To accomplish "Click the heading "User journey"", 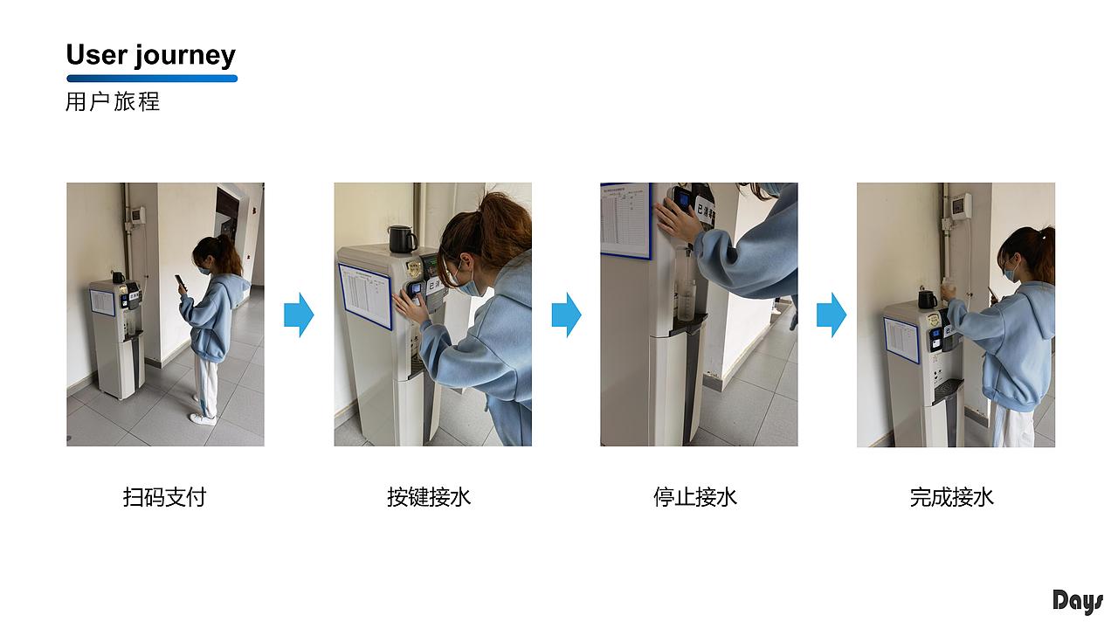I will coord(150,55).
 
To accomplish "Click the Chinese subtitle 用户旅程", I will coord(113,101).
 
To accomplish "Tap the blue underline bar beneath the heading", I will coord(151,79).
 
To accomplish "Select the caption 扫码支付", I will coord(164,497).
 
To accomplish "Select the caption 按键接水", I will coord(429,497).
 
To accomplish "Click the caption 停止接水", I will coord(694,497).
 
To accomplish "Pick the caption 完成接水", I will coord(951,497).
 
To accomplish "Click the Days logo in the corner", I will coord(1077,602).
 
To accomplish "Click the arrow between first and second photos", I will coord(299,314).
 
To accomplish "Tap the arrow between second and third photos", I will coord(566,314).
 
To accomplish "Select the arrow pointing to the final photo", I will coord(831,314).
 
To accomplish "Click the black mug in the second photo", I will coord(402,238).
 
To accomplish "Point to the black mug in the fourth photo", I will coord(927,300).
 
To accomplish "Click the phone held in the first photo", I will coord(180,283).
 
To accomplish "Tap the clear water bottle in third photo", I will coord(687,297).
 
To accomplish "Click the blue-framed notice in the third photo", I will coord(625,219).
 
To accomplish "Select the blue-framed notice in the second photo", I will coord(365,295).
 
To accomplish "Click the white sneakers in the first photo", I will coord(203,418).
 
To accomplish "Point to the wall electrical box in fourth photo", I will coord(960,206).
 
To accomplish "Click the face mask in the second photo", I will coord(466,284).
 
